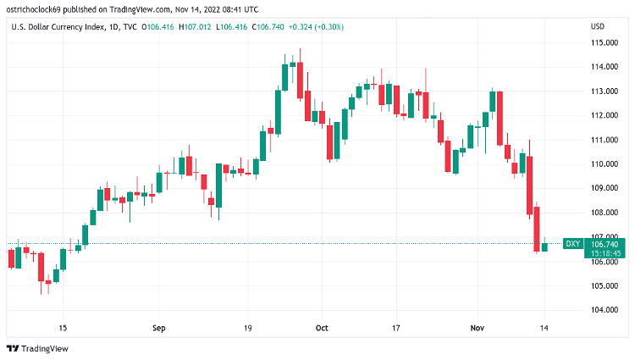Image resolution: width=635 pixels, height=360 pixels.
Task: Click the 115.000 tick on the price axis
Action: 602,42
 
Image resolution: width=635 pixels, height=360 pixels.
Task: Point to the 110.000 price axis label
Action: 602,163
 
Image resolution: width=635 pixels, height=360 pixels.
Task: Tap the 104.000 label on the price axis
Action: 602,310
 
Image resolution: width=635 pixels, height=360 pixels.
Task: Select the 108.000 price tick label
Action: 602,213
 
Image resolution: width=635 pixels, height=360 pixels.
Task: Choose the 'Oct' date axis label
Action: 321,326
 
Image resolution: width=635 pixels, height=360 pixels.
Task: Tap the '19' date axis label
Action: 248,326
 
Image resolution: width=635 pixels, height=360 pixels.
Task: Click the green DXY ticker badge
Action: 573,244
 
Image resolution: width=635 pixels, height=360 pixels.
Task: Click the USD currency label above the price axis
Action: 597,26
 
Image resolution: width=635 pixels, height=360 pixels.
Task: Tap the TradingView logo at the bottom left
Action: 37,348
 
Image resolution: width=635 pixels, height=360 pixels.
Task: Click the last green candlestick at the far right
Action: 544,246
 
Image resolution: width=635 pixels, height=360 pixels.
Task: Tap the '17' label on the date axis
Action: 395,326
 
